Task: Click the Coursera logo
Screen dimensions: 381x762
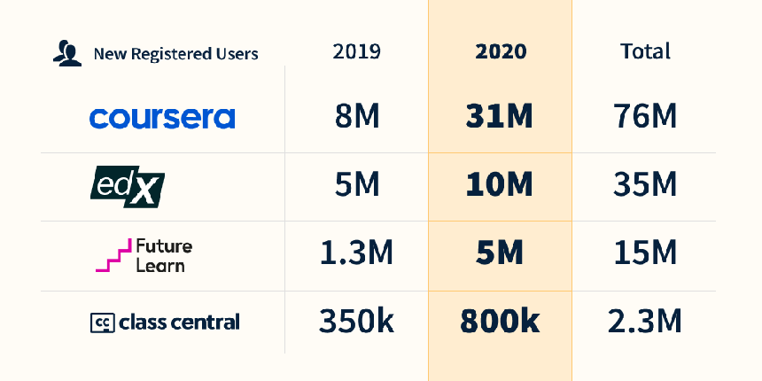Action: pyautogui.click(x=162, y=117)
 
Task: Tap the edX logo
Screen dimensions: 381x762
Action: pyautogui.click(x=128, y=186)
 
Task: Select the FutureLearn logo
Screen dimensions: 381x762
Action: pyautogui.click(x=144, y=254)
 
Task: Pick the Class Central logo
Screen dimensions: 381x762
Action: pyautogui.click(x=165, y=323)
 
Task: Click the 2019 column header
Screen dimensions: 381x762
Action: pyautogui.click(x=357, y=51)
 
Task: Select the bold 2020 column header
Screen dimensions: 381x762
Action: pyautogui.click(x=501, y=51)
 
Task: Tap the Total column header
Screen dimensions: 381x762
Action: pyautogui.click(x=645, y=51)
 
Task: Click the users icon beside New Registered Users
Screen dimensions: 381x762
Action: pyautogui.click(x=66, y=54)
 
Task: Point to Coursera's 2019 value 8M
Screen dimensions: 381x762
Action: pyautogui.click(x=357, y=117)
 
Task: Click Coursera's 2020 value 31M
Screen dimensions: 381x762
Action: pyautogui.click(x=501, y=117)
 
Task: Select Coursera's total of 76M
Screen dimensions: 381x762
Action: pyautogui.click(x=645, y=117)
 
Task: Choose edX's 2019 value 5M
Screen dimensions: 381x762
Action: pyautogui.click(x=357, y=186)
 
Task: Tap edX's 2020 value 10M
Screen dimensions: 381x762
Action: pyautogui.click(x=501, y=186)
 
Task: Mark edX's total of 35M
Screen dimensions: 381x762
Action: pyautogui.click(x=645, y=186)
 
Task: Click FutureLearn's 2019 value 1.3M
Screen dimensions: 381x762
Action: pyautogui.click(x=357, y=254)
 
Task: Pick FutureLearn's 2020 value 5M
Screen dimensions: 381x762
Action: pyautogui.click(x=501, y=254)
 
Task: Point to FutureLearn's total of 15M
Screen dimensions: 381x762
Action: pyautogui.click(x=645, y=254)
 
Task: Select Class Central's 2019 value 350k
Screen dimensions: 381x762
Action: pyautogui.click(x=357, y=323)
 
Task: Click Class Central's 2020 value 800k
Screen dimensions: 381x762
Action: pyautogui.click(x=501, y=323)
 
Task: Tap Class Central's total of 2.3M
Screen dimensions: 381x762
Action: pyautogui.click(x=645, y=323)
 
